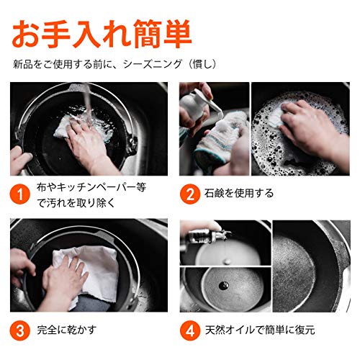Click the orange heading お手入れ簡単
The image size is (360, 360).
(102, 34)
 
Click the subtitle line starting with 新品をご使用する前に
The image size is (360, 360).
(115, 64)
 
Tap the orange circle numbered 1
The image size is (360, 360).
(20, 194)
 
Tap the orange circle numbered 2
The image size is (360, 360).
(190, 194)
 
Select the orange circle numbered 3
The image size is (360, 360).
(20, 330)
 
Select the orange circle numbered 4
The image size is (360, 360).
(190, 330)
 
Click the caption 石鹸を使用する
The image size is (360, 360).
(239, 193)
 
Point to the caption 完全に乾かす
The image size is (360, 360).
(66, 330)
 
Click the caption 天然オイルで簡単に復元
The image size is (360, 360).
(260, 330)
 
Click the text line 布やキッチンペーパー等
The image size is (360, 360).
(91, 187)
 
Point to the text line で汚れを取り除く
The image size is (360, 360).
(76, 203)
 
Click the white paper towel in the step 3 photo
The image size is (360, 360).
(91, 274)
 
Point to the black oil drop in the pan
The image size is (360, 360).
(224, 285)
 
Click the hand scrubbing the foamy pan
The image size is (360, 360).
(312, 130)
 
